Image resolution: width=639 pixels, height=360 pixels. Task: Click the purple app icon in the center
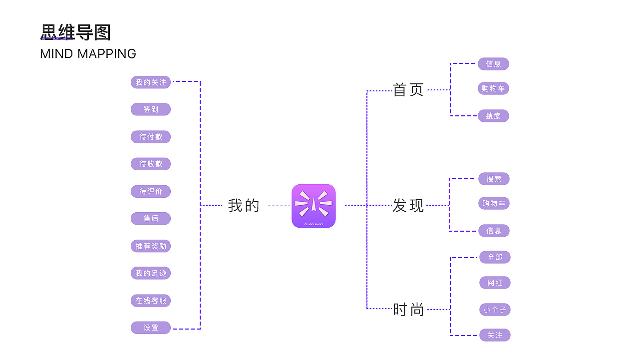coord(314,206)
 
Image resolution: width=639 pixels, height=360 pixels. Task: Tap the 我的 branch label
coord(244,205)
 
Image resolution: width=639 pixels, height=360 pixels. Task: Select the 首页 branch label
coord(408,90)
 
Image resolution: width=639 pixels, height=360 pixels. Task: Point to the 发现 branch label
coord(408,205)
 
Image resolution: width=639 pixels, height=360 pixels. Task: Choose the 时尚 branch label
coord(408,310)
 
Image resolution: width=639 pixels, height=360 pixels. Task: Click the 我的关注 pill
coord(151,82)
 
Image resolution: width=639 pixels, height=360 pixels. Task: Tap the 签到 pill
coord(151,109)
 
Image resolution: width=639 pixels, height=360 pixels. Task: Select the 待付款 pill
coord(151,137)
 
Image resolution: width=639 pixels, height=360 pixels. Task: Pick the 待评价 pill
coord(151,191)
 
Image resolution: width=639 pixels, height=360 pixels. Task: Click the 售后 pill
coord(151,218)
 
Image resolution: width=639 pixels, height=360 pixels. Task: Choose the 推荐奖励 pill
coord(151,246)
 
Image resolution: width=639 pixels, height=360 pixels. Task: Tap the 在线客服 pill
coord(151,301)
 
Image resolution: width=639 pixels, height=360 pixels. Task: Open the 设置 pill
coord(151,328)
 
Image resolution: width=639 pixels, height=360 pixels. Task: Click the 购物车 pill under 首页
coord(493,89)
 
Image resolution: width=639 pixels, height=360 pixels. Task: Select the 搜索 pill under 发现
coord(494,179)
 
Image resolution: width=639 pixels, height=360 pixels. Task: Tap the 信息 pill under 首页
coord(493,64)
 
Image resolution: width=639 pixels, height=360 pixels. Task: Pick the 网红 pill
coord(495,283)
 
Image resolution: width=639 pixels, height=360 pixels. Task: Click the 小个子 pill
coord(495,310)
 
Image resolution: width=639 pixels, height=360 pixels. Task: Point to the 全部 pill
coord(495,257)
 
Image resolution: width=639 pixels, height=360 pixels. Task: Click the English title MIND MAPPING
coord(88,54)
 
